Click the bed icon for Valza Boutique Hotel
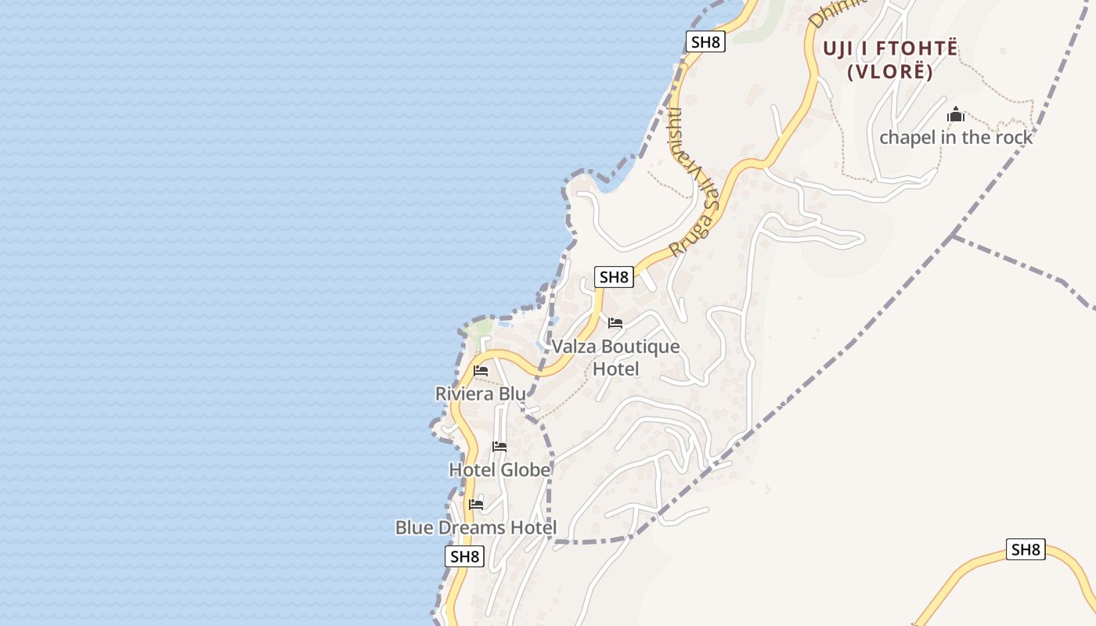(x=615, y=322)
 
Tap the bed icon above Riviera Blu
(x=481, y=370)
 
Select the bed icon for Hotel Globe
(x=499, y=447)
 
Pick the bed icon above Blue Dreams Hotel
(x=475, y=505)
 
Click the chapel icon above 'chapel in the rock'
(x=956, y=115)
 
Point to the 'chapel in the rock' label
(x=956, y=138)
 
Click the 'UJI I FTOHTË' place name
(x=890, y=49)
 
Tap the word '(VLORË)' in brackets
(x=890, y=72)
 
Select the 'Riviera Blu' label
(x=480, y=394)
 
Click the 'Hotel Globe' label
(x=499, y=469)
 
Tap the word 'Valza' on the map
(x=572, y=347)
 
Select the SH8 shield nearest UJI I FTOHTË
(x=705, y=42)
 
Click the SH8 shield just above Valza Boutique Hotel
(x=614, y=277)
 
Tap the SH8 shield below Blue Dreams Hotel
(x=464, y=557)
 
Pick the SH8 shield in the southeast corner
(x=1026, y=549)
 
